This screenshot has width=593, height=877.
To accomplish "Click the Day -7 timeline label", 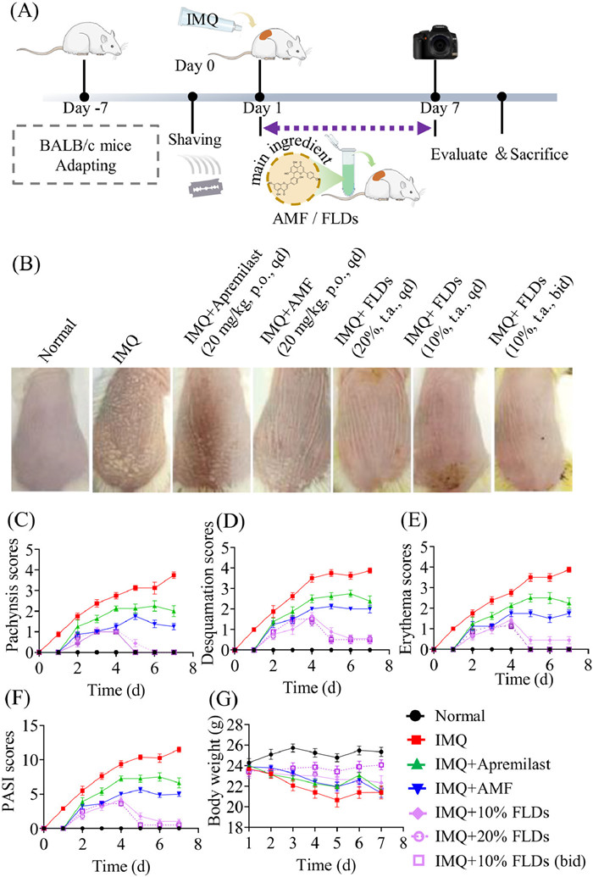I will [85, 108].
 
